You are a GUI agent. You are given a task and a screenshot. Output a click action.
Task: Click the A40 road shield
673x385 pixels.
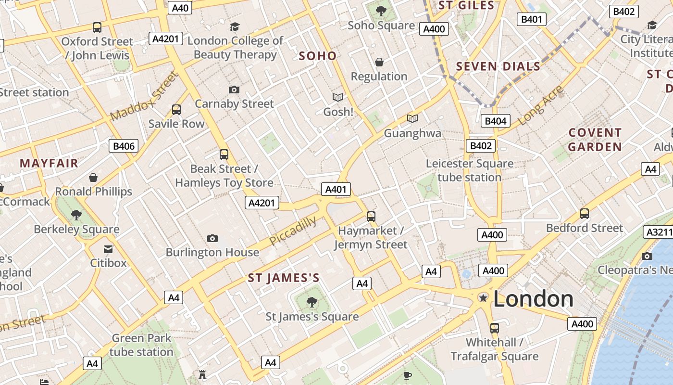tap(180, 8)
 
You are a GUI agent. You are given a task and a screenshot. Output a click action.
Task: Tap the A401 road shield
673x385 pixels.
tap(336, 189)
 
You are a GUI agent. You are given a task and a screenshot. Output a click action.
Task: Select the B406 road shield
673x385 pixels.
tap(124, 146)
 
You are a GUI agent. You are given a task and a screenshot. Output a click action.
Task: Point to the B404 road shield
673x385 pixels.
tap(495, 121)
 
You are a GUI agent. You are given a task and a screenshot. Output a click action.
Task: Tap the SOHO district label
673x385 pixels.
tap(318, 56)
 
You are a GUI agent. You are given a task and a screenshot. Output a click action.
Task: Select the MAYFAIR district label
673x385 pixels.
tap(49, 163)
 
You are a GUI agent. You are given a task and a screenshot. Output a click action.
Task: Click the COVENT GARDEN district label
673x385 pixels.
tap(595, 140)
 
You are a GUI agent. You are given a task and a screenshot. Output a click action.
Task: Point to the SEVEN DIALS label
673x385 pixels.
tap(498, 66)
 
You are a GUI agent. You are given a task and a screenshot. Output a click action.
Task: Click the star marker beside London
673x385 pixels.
tap(483, 298)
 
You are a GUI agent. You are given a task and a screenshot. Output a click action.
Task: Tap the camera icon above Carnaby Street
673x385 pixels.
tap(234, 90)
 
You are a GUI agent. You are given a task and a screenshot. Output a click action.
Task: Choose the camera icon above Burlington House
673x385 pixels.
tap(212, 238)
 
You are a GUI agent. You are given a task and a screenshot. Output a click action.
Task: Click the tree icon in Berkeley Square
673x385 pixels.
tap(76, 215)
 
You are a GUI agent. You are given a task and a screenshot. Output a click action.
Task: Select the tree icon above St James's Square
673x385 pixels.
tap(312, 302)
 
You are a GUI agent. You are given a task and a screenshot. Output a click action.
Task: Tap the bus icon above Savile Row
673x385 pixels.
tap(176, 110)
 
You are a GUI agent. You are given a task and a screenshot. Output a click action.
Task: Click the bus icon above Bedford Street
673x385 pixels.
tap(585, 213)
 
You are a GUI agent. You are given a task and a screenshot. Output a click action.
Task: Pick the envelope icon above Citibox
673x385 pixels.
tap(108, 249)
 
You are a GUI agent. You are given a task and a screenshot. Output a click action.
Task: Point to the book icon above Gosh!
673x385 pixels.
tap(338, 98)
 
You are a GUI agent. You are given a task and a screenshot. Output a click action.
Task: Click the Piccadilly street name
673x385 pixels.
tap(293, 231)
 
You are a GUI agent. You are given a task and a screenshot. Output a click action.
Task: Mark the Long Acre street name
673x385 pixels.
tap(541, 106)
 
